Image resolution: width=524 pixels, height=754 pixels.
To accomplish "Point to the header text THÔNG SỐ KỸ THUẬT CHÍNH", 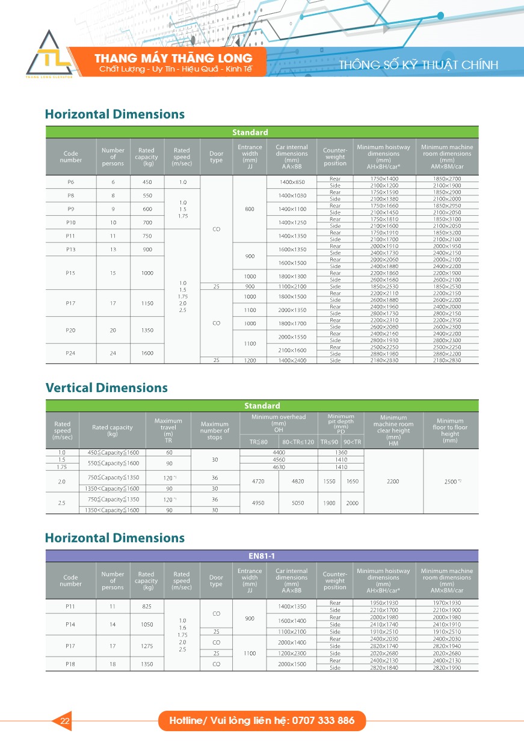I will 418,65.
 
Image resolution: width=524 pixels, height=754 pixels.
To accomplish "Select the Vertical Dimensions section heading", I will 106,388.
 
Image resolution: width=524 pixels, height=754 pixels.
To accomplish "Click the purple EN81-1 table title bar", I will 262,556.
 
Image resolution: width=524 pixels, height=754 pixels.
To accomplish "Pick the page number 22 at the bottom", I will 65,721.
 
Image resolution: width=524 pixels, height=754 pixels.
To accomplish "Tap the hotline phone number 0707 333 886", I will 322,720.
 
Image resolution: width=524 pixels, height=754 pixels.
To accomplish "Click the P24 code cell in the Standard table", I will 71,353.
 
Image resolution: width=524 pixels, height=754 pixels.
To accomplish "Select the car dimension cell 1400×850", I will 292,182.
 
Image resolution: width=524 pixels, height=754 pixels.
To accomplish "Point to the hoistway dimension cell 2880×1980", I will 383,354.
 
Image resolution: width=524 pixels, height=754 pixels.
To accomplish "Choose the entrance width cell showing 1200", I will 250,360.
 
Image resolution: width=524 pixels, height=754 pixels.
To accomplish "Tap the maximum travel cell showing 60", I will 168,452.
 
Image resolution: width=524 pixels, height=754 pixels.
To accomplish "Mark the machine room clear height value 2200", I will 393,482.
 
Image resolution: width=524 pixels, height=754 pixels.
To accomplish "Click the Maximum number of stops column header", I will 215,431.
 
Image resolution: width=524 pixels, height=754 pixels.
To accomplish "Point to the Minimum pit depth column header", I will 341,423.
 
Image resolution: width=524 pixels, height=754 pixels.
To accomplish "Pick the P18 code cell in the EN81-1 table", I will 71,664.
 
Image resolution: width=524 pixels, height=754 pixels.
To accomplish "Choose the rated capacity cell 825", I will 146,606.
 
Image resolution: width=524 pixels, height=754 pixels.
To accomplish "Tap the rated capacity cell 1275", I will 146,646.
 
